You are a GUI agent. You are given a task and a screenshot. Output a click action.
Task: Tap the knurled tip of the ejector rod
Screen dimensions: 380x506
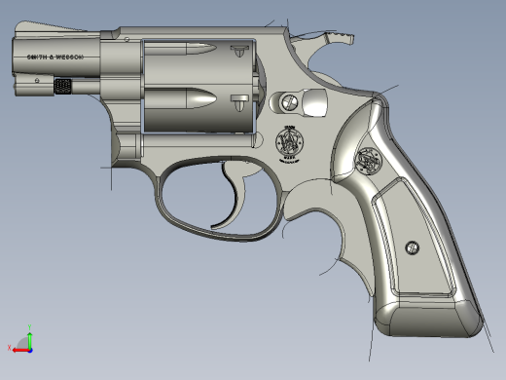[x=65, y=87]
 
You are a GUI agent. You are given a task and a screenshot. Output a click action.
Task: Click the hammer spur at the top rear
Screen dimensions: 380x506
[x=337, y=38]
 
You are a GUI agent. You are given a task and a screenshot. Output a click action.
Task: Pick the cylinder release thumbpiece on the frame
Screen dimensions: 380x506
[x=313, y=101]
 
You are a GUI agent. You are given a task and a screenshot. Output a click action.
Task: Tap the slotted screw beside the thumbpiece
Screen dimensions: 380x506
[x=288, y=100]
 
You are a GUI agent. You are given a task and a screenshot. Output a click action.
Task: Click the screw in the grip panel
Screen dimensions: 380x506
[x=412, y=248]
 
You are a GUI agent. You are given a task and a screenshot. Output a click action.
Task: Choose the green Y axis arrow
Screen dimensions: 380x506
[x=29, y=337]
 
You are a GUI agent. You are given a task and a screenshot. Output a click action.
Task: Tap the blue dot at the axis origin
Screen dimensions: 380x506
[x=29, y=348]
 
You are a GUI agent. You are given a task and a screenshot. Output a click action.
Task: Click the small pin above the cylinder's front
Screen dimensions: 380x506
[x=126, y=37]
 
